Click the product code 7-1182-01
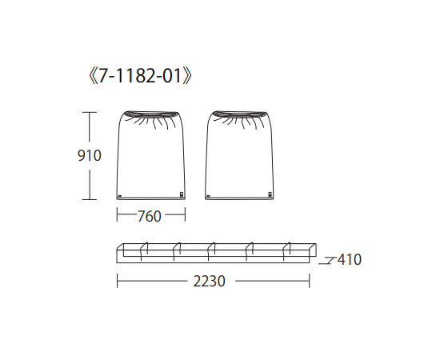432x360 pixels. [x=140, y=76]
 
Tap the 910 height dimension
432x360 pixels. [x=90, y=156]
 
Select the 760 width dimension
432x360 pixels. [x=149, y=216]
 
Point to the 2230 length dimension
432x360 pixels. [x=209, y=282]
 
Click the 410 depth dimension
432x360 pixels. [x=350, y=259]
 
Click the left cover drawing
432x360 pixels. [x=150, y=155]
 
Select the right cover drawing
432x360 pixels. [x=239, y=155]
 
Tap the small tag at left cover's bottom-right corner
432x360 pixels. [x=182, y=194]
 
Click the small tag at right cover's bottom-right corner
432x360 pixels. [x=270, y=194]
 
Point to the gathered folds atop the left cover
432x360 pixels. [x=151, y=119]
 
